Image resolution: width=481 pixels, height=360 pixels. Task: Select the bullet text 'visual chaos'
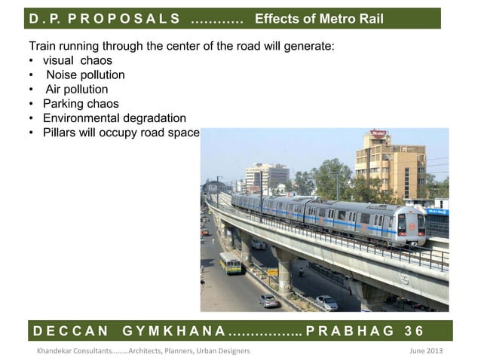77,60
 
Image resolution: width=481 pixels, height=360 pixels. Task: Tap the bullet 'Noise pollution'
84,75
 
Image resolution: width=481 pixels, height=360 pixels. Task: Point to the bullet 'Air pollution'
76,89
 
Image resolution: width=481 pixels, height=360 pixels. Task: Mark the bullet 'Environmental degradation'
114,118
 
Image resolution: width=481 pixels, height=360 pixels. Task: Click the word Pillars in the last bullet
61,133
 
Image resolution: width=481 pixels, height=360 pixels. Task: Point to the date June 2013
424,351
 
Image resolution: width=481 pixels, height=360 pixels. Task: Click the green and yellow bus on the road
231,262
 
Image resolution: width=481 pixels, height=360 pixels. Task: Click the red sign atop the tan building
378,133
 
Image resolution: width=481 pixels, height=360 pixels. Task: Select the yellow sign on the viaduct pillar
273,272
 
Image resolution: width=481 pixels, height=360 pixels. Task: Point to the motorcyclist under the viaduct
301,270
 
